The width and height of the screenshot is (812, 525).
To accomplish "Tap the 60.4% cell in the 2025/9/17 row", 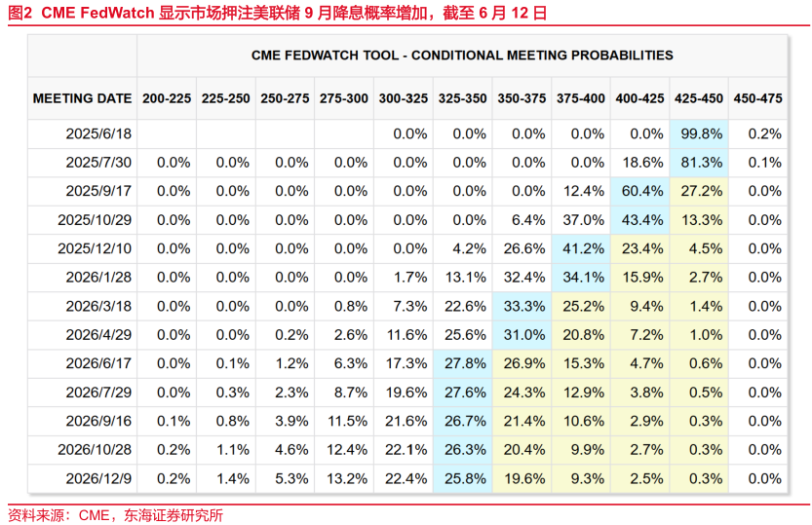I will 641,192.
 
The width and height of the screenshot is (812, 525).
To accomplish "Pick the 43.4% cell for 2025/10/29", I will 641,220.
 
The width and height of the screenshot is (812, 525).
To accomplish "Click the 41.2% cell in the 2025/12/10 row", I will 582,249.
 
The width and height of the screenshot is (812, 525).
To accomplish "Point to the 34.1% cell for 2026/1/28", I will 582,278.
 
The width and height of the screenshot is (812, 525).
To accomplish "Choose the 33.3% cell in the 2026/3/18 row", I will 522,307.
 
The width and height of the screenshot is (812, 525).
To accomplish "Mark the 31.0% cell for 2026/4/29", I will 522,335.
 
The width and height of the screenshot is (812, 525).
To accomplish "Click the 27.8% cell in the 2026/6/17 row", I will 463,364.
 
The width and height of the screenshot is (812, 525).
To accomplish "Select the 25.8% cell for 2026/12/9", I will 463,479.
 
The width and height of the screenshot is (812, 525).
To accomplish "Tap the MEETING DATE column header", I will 83,98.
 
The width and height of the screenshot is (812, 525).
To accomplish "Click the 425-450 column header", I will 699,98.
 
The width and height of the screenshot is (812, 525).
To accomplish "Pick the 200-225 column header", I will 167,98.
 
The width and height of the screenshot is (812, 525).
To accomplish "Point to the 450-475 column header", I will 757,98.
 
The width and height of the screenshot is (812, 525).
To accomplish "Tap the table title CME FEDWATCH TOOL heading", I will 462,56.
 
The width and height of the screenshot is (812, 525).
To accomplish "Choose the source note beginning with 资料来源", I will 115,514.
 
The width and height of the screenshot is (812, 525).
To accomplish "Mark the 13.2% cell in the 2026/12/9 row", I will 344,479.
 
